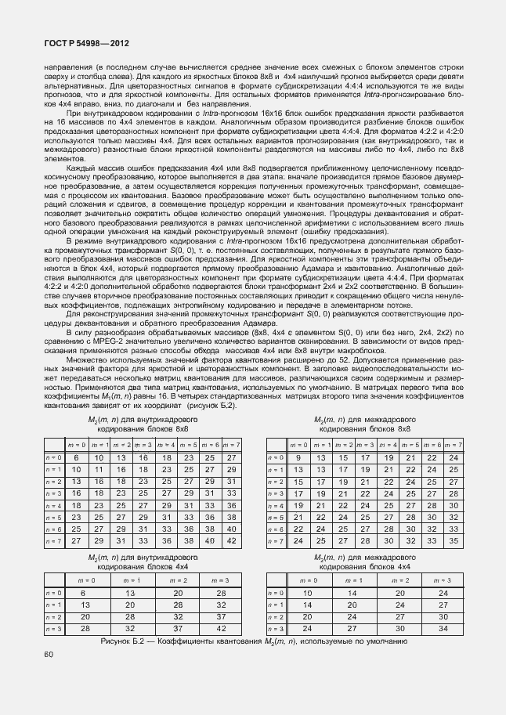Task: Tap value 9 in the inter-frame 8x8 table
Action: click(x=298, y=457)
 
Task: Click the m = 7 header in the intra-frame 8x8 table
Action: click(x=231, y=445)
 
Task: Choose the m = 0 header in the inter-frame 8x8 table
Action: click(x=298, y=445)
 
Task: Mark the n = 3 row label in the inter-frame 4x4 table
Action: click(x=275, y=629)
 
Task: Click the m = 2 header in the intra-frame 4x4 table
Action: click(x=178, y=580)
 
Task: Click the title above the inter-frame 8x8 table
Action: click(x=366, y=424)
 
